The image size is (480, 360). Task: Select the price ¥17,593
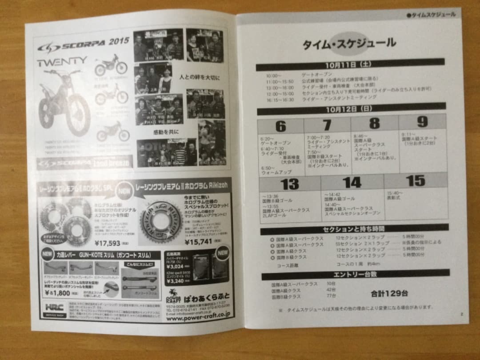tap(108, 243)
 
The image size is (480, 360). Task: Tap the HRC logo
tap(54, 307)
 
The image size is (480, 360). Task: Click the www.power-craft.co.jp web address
tap(204, 314)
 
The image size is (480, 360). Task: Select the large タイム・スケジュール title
tap(349, 43)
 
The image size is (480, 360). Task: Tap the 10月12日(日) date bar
tap(350, 108)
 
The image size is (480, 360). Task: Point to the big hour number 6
tap(280, 126)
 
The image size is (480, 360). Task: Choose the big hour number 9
tap(422, 122)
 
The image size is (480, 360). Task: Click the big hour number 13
tap(289, 183)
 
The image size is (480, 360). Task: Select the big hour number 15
tap(415, 180)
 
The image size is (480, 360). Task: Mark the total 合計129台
tap(389, 293)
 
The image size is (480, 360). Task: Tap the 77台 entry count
tap(331, 296)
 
